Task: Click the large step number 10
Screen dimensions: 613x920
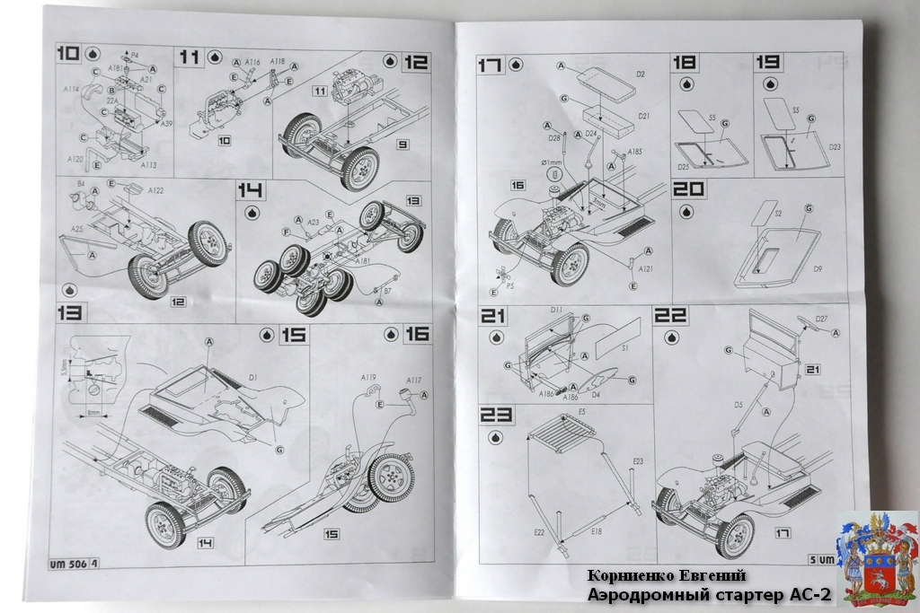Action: point(67,54)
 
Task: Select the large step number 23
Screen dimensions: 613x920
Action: point(496,416)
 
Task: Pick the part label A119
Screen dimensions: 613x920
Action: point(367,379)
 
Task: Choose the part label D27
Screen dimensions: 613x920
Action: point(821,320)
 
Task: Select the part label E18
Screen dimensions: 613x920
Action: point(596,532)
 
